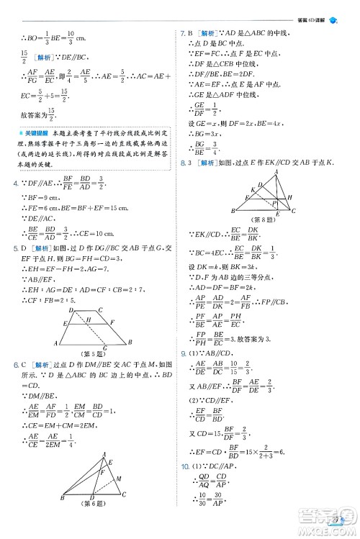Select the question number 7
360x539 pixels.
pos(182,32)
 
